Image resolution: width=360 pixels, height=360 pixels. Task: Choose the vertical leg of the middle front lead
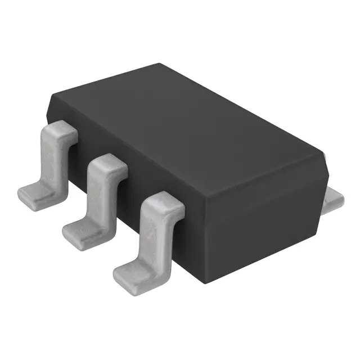100,194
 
